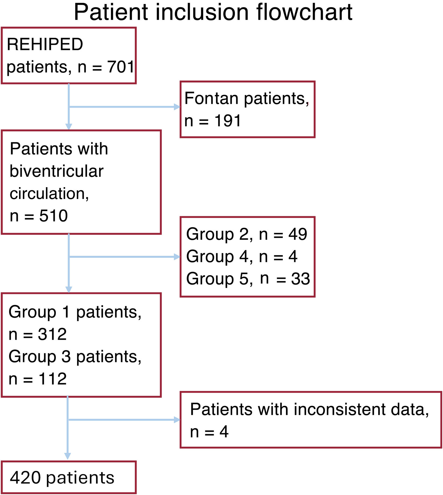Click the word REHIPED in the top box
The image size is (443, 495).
pos(45,44)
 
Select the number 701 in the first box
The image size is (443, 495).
pos(121,67)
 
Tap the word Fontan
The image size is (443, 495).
pos(211,98)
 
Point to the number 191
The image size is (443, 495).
pos(227,121)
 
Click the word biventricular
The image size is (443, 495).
pos(57,171)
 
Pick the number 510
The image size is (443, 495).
pos(53,216)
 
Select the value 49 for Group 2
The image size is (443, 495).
pos(297,234)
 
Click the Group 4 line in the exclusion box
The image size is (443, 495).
pos(242,257)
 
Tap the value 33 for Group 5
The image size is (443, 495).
pos(301,279)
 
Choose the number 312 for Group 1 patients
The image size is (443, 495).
pos(52,334)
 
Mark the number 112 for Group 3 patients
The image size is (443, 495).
pos(52,379)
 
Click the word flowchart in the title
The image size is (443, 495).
pos(304,12)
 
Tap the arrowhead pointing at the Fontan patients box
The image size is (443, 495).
pos(177,107)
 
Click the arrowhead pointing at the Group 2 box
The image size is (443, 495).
pos(177,257)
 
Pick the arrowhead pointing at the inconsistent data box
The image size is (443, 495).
pos(177,420)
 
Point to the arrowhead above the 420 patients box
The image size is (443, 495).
pos(68,456)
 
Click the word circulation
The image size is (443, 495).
pos(49,194)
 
